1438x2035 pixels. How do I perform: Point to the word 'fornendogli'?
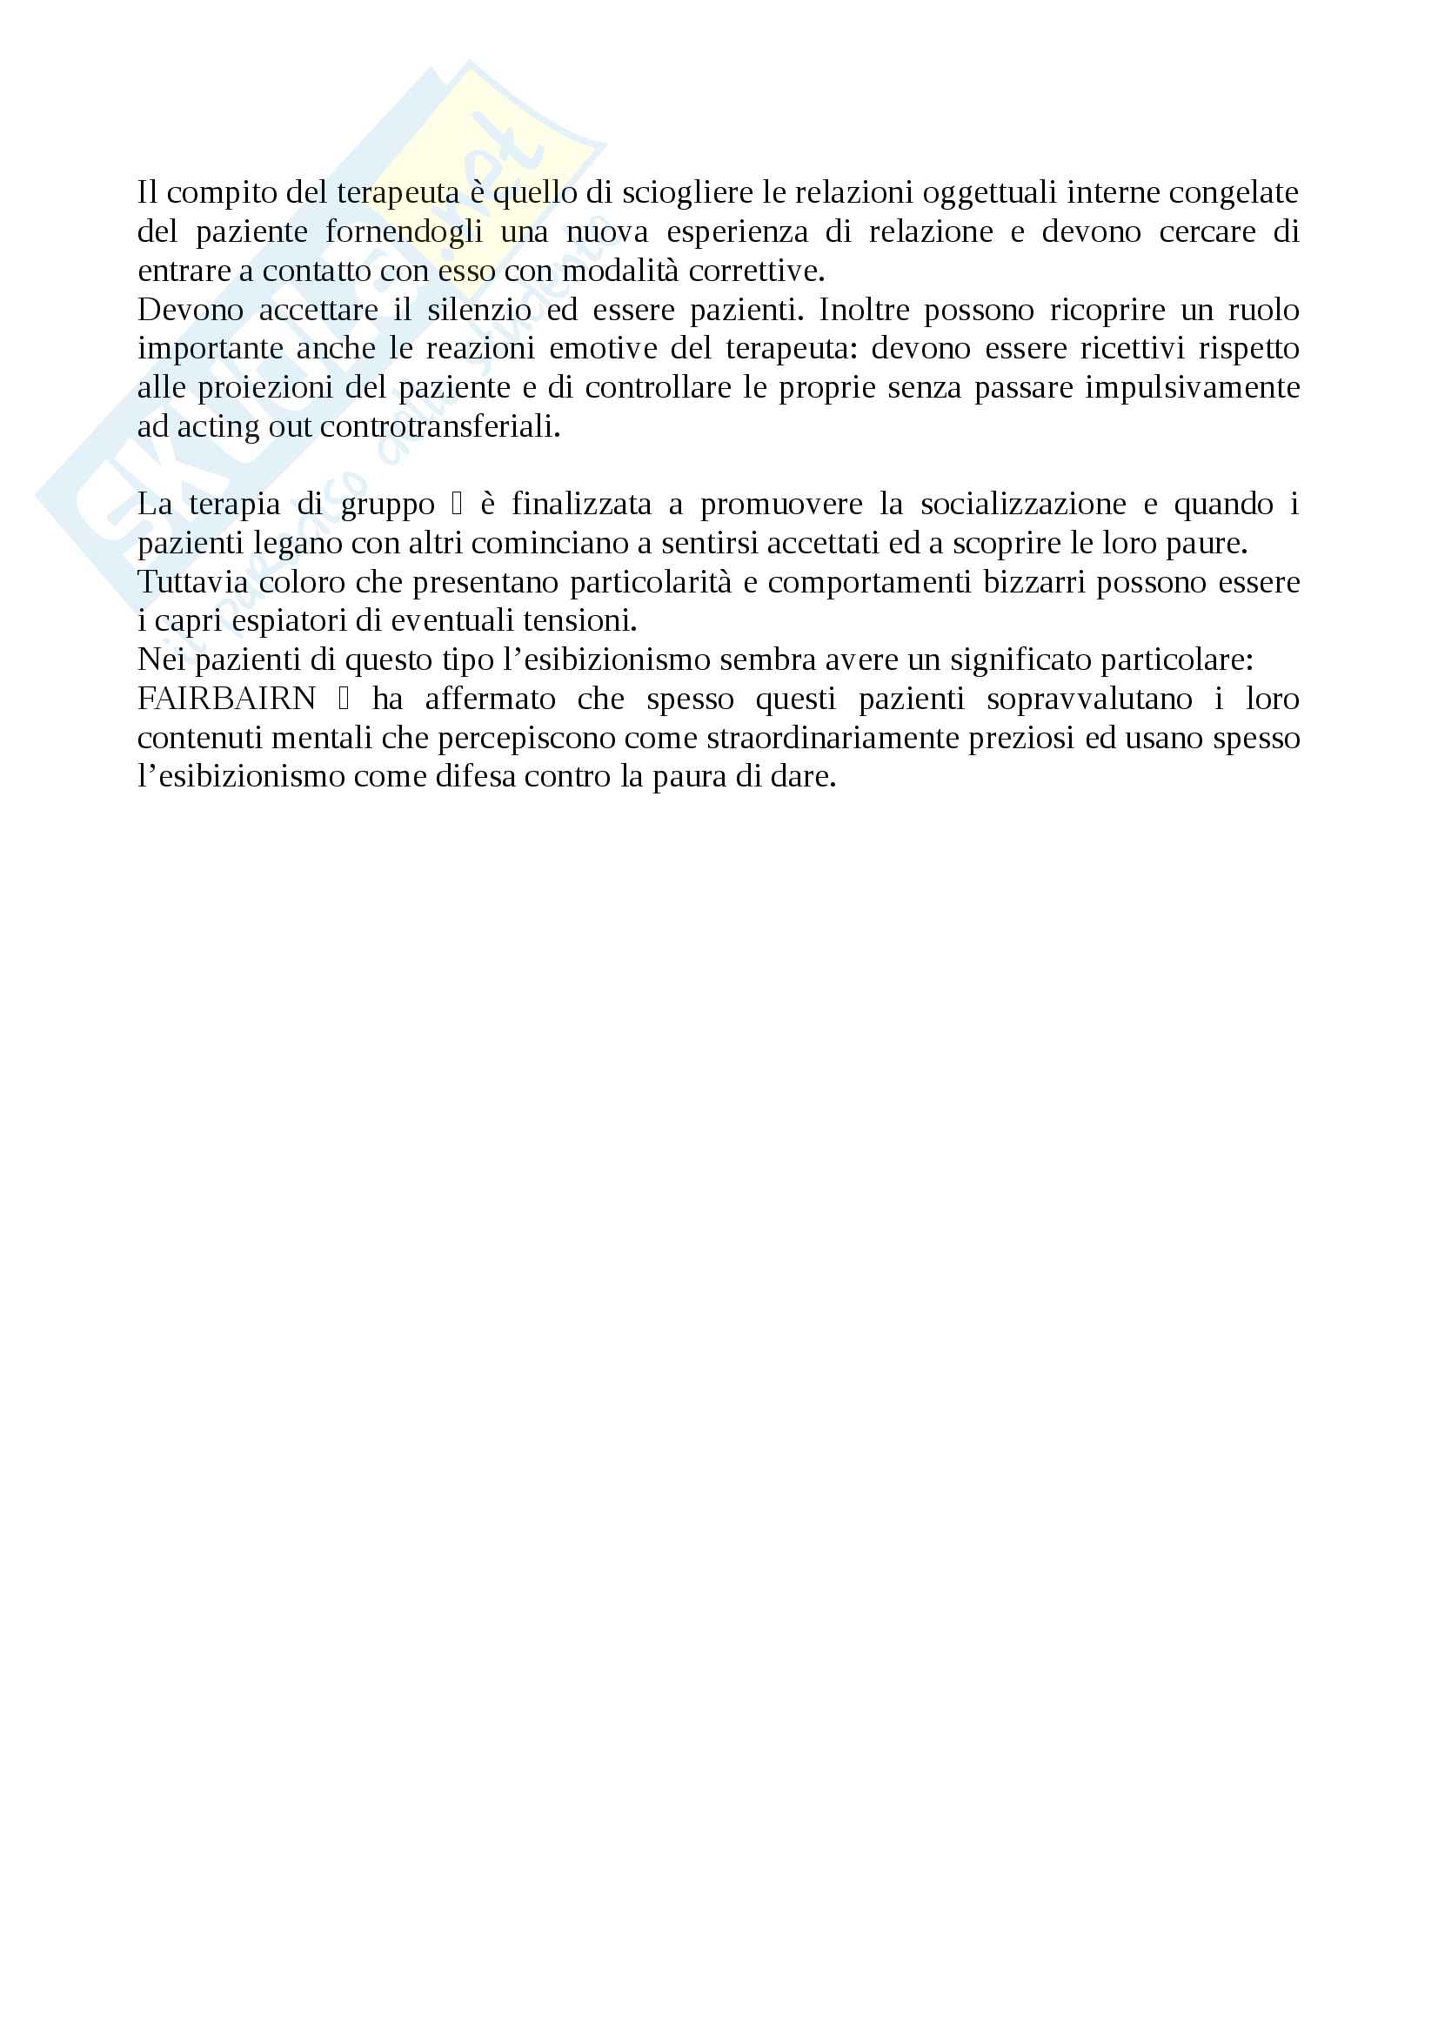click(404, 231)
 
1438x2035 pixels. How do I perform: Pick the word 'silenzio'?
click(479, 310)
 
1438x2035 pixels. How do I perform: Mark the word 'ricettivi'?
click(1133, 348)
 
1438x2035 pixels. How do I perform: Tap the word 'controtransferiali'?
click(440, 427)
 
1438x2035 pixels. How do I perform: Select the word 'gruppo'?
click(387, 505)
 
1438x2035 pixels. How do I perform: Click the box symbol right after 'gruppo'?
click(458, 505)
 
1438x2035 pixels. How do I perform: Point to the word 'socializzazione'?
click(1023, 505)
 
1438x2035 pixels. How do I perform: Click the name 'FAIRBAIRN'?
click(227, 700)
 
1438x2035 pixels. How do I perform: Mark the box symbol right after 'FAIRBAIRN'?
click(344, 700)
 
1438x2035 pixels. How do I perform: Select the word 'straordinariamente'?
click(833, 739)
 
